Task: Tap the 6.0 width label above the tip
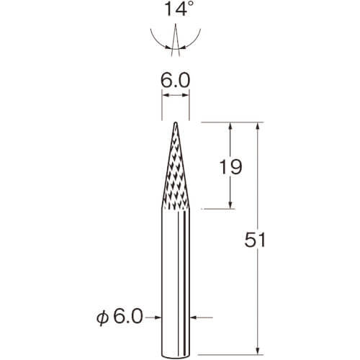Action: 175,81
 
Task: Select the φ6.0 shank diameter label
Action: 120,317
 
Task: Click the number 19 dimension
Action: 230,166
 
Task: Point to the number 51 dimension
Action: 255,240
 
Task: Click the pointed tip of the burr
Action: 176,122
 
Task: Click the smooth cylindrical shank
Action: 176,282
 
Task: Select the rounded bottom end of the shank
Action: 176,356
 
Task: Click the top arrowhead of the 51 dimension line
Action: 258,126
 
